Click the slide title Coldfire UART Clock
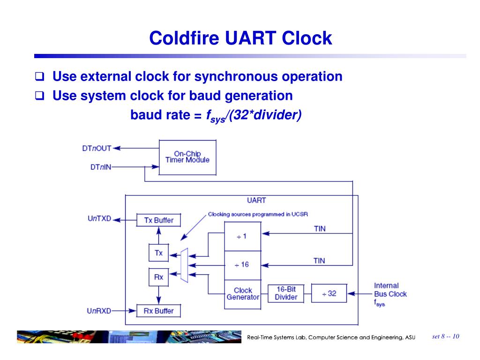240,38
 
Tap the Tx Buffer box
158,220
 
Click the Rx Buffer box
158,311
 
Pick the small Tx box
158,253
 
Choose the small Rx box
158,277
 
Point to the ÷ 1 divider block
242,236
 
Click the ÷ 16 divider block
242,265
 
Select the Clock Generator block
242,294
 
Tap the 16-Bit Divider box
286,293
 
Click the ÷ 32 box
329,293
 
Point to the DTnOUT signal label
97,148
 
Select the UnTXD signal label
99,218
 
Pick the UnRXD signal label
99,310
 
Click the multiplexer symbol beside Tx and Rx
184,265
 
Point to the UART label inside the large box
256,200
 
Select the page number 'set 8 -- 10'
445,336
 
